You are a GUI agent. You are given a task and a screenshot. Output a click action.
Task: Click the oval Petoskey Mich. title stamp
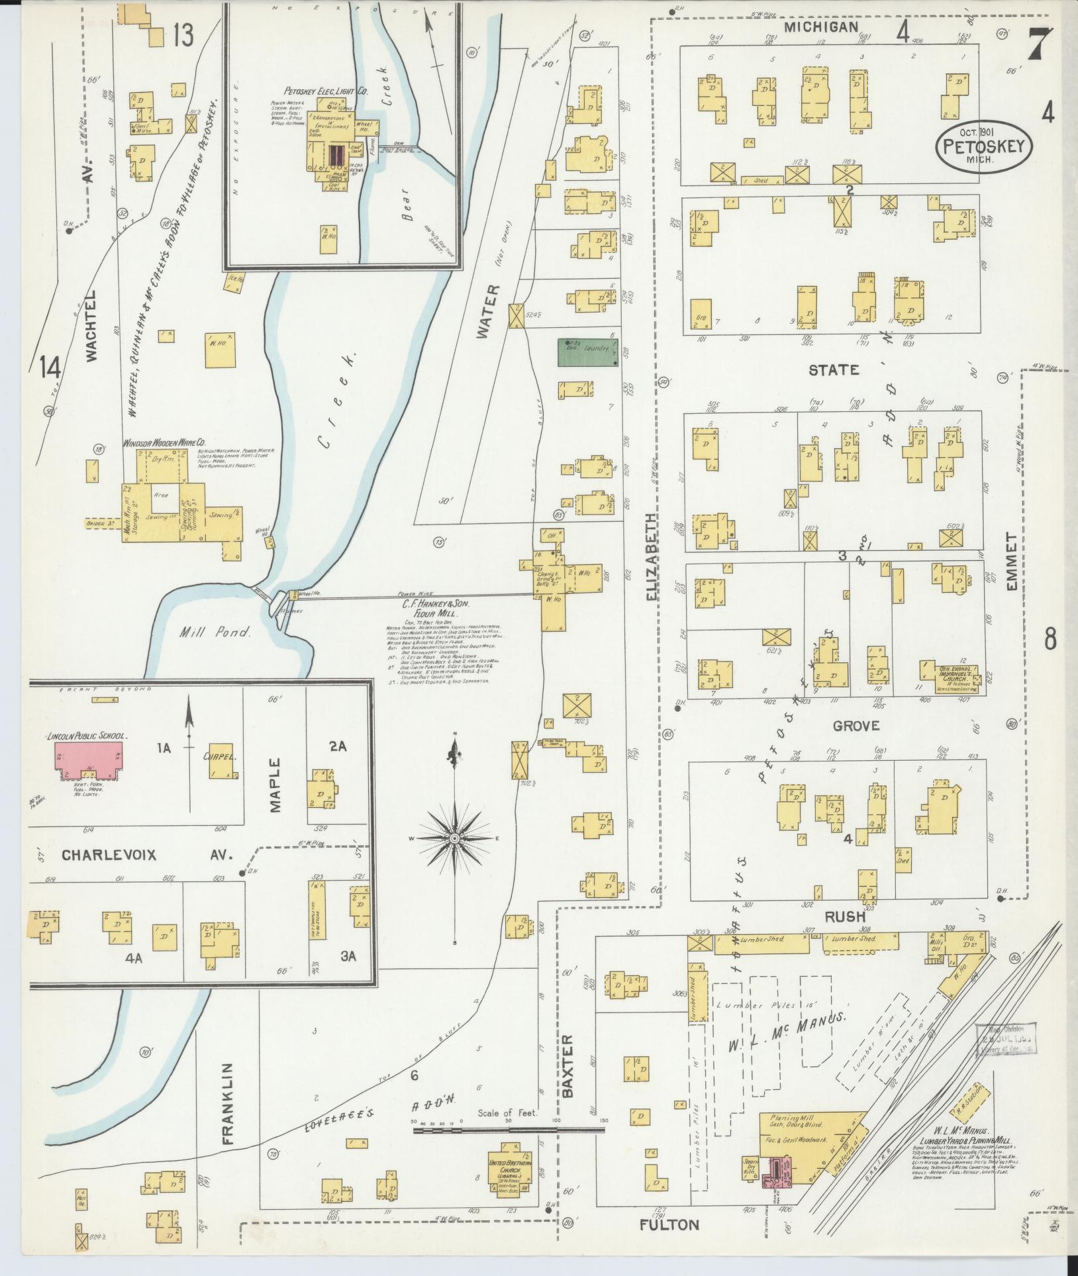coord(984,147)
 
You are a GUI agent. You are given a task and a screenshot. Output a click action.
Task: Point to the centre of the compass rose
coord(456,839)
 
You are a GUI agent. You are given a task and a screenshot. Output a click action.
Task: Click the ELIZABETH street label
coord(652,557)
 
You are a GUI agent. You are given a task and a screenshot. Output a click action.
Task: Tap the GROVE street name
coord(856,726)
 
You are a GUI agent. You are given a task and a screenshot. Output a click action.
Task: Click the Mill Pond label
coord(216,632)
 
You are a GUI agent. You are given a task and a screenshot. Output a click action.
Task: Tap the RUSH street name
coord(845,917)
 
